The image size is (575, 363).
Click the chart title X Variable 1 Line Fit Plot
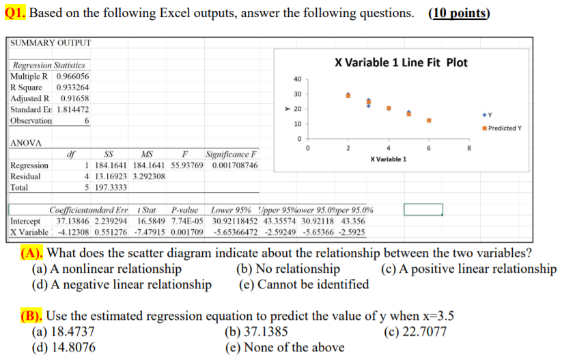[x=401, y=62]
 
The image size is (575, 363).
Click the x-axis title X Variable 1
[x=388, y=159]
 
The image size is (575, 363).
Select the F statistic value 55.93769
[x=184, y=165]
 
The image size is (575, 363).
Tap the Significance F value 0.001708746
[x=235, y=165]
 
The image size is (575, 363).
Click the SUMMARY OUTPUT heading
[x=51, y=44]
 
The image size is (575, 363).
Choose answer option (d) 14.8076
[x=64, y=347]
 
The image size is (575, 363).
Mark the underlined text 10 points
[x=459, y=14]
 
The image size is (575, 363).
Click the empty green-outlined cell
[x=423, y=210]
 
